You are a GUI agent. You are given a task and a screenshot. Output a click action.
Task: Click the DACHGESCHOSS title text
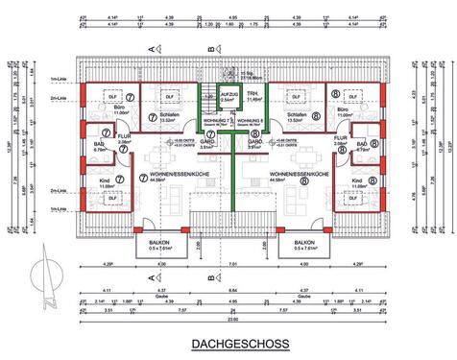tap(228, 343)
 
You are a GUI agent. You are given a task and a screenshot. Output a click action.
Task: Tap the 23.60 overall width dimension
tap(228, 320)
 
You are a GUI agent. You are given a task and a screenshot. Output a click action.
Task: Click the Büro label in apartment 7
tap(121, 108)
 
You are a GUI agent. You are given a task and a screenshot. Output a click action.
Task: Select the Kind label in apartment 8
tap(357, 180)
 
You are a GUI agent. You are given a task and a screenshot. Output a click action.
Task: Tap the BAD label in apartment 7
tap(97, 145)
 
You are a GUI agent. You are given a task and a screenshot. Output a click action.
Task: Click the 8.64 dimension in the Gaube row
tap(228, 290)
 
